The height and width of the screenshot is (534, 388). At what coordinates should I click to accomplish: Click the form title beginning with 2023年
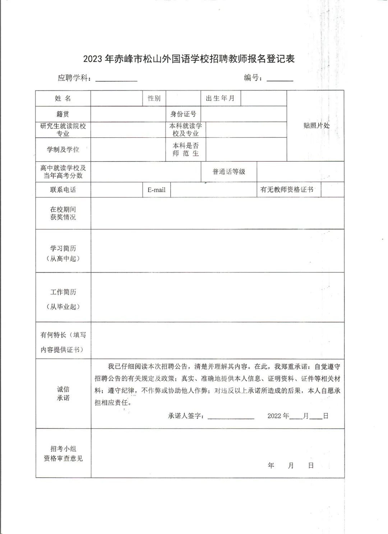[189, 59]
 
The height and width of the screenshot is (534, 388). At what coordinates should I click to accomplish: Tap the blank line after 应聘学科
[116, 79]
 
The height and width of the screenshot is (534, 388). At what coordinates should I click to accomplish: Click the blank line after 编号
[280, 79]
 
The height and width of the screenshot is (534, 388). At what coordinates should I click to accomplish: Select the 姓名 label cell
[63, 99]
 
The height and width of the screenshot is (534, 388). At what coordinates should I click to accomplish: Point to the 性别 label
[154, 99]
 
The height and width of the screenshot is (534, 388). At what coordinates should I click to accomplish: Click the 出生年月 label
[220, 99]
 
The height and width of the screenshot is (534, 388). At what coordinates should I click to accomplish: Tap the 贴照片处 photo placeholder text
[316, 125]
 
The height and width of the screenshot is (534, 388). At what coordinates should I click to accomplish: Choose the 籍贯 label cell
[63, 114]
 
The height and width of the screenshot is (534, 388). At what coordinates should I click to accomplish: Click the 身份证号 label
[183, 114]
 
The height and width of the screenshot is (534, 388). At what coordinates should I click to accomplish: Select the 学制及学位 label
[63, 150]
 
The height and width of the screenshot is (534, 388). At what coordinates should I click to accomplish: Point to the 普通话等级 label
[229, 172]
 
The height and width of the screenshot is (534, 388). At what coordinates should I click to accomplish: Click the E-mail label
[156, 190]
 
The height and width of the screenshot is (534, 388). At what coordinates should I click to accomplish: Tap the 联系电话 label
[63, 190]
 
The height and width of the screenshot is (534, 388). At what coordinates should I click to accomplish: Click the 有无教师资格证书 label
[287, 190]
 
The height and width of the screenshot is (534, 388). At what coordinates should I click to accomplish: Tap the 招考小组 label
[63, 449]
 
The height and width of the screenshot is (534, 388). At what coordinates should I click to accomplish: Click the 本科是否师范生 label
[185, 150]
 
